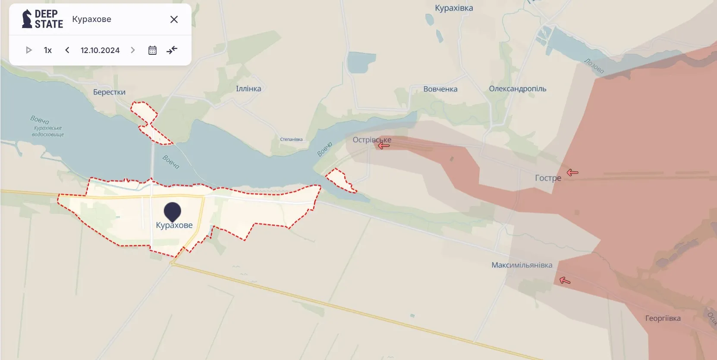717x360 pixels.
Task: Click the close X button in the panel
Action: (174, 19)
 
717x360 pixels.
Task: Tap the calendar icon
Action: (152, 50)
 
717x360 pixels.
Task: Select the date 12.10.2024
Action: (100, 50)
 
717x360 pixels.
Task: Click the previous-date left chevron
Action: (67, 50)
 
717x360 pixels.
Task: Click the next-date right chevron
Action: (133, 50)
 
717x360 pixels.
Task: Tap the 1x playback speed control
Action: (48, 50)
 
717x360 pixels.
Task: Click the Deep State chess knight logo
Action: (27, 19)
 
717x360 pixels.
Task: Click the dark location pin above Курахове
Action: (173, 211)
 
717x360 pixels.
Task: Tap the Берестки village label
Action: (109, 92)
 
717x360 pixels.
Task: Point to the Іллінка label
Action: (248, 89)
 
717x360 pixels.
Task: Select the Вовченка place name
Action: (440, 89)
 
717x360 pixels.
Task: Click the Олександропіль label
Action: (517, 89)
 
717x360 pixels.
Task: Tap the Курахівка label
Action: (454, 8)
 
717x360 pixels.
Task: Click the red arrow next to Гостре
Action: (572, 172)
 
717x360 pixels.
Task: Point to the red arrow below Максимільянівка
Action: (565, 281)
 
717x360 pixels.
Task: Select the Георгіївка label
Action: (663, 319)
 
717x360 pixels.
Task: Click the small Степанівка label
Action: (291, 139)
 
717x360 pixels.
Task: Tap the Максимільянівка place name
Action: (522, 265)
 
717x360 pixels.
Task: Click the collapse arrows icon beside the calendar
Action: (172, 50)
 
